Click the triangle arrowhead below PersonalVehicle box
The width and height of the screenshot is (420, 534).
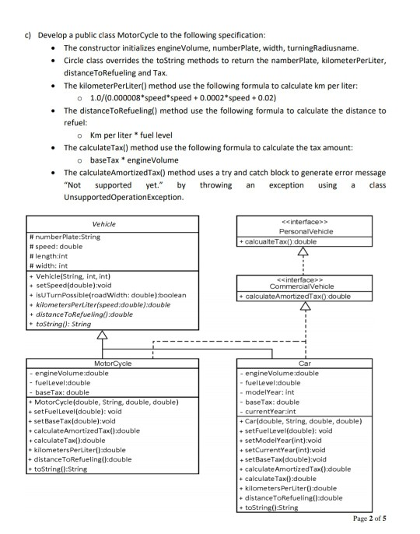[301, 251]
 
